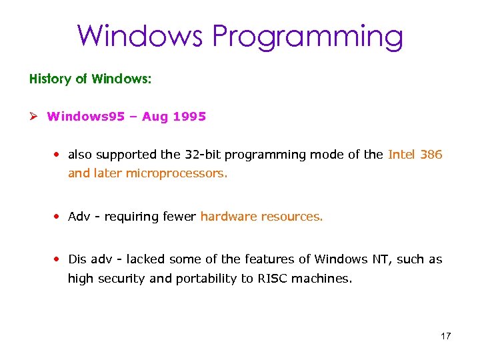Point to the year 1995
pos(189,117)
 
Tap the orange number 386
pos(432,155)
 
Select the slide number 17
pos(445,336)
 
